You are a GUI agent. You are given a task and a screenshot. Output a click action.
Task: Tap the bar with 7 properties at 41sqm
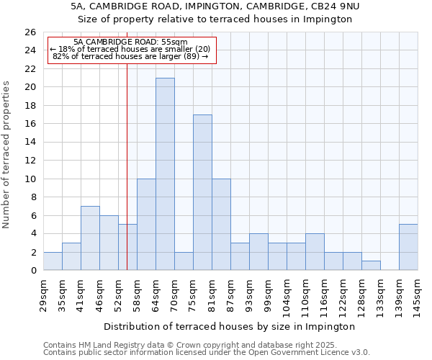coord(90,238)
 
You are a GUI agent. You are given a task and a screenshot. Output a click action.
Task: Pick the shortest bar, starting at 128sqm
coord(371,266)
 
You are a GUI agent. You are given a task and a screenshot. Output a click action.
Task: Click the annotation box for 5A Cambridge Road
coord(131,50)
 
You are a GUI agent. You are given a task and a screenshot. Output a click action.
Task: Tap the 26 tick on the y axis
coord(30,32)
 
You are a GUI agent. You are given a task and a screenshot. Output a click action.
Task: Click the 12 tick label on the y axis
coord(30,161)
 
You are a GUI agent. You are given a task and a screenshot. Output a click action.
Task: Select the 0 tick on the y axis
coord(32,271)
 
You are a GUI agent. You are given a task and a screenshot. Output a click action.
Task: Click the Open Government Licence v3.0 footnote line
coord(207,353)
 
